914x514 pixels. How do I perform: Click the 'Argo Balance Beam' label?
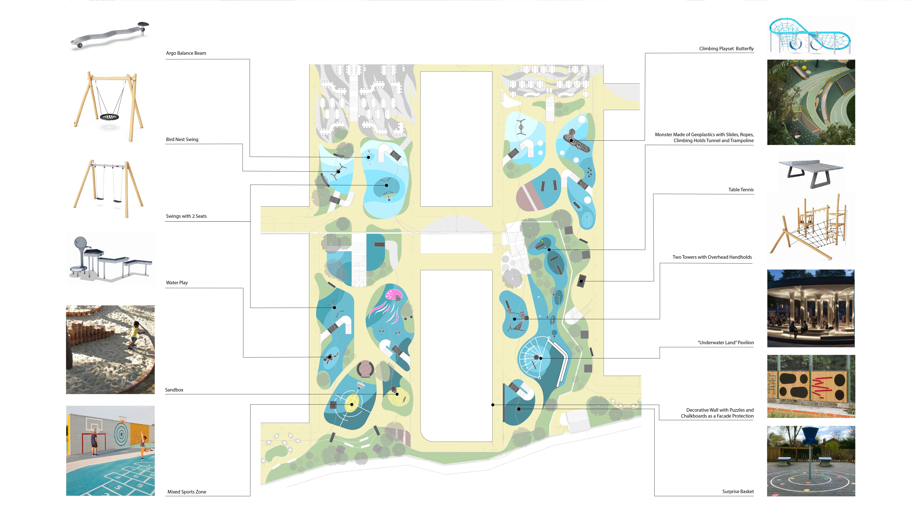coord(186,53)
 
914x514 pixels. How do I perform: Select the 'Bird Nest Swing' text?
coord(182,139)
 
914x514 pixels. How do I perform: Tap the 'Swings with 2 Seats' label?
coord(186,216)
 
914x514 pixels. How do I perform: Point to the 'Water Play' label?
coord(177,283)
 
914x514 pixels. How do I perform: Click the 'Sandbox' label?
coord(174,390)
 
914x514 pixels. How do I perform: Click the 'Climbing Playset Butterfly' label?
coord(726,49)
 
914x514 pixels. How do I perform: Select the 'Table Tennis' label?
coord(741,190)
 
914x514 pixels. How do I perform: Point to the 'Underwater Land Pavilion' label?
coord(726,343)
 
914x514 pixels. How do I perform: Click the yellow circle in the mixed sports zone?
coord(352,404)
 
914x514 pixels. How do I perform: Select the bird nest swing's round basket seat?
coord(109,117)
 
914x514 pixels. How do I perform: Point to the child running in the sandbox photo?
coord(134,333)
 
